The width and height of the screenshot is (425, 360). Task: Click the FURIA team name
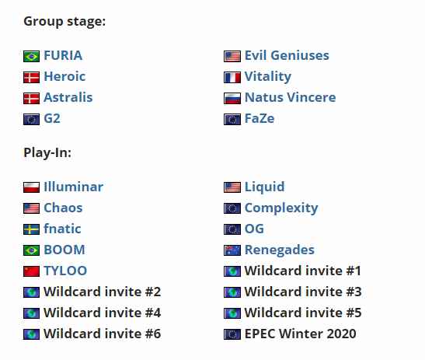[63, 56]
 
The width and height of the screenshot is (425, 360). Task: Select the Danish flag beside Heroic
[31, 77]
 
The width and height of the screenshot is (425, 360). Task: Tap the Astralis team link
[68, 97]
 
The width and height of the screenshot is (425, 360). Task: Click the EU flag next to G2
[31, 120]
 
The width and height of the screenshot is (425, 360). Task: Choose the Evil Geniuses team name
[287, 56]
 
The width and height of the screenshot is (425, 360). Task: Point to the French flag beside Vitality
[232, 77]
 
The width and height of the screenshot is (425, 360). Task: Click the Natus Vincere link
[290, 97]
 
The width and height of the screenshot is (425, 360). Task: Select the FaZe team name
[260, 118]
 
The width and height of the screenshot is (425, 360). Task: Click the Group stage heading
[64, 22]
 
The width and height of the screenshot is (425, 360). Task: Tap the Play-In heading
[47, 152]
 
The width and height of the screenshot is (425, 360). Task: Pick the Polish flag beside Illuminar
[31, 187]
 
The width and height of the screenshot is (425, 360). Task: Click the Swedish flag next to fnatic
[31, 229]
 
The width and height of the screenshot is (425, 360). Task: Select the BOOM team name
[64, 250]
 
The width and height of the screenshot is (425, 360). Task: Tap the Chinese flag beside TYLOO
[31, 271]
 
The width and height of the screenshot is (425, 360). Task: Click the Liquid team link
[264, 187]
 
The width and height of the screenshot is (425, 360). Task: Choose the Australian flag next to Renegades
[232, 250]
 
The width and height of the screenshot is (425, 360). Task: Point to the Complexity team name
[281, 208]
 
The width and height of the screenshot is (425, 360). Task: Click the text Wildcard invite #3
[303, 292]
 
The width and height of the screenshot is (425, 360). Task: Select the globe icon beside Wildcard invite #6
[31, 334]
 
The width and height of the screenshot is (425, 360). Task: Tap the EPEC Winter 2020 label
[300, 334]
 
